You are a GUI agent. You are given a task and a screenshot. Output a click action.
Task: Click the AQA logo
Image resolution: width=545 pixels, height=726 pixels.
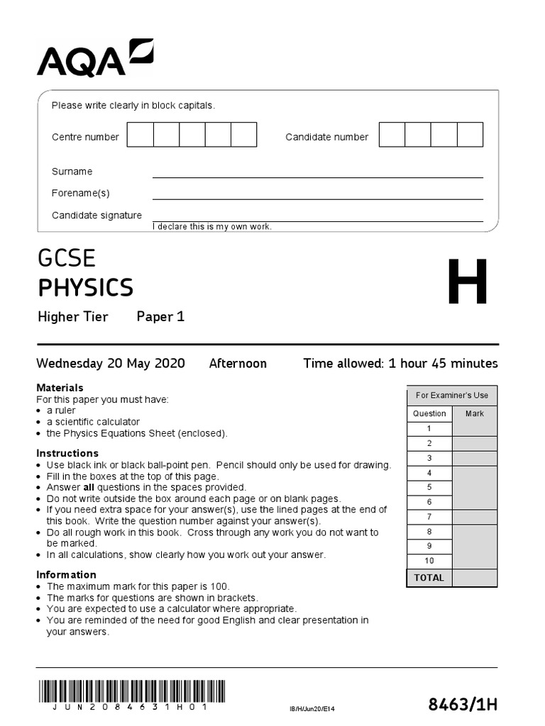click(94, 57)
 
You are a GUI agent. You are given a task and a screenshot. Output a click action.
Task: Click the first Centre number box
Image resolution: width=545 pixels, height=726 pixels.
click(140, 135)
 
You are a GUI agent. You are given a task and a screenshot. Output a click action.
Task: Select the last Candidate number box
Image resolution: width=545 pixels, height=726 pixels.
click(470, 135)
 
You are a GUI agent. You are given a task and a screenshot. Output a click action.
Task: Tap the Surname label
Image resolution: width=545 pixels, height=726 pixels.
click(72, 172)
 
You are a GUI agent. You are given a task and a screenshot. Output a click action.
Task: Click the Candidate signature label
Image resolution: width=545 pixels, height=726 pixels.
click(97, 216)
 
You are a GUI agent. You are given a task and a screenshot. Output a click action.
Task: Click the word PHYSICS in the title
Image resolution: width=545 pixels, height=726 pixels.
click(85, 288)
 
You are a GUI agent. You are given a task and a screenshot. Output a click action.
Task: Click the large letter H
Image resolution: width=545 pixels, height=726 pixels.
click(468, 283)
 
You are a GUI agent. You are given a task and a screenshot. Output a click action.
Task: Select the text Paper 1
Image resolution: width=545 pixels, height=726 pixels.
click(160, 317)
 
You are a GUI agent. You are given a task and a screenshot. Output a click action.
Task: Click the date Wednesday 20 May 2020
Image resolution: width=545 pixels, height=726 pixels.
click(111, 364)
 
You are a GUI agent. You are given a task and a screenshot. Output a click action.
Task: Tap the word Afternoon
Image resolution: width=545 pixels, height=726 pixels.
click(238, 364)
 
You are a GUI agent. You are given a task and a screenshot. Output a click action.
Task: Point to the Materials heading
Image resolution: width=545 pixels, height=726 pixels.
click(60, 388)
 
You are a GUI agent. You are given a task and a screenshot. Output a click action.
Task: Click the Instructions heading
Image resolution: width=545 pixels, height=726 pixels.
click(67, 453)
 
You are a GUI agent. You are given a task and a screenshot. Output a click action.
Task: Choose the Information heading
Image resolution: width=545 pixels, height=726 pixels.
click(66, 574)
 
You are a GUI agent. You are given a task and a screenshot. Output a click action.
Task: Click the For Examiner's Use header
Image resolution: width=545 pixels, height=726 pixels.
click(452, 396)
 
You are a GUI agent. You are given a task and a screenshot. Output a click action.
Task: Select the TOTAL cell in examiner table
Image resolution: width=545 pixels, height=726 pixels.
click(429, 578)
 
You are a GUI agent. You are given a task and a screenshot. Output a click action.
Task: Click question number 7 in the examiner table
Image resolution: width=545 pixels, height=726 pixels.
click(429, 517)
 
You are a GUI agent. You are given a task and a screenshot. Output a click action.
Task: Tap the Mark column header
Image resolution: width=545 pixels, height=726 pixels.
click(474, 413)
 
